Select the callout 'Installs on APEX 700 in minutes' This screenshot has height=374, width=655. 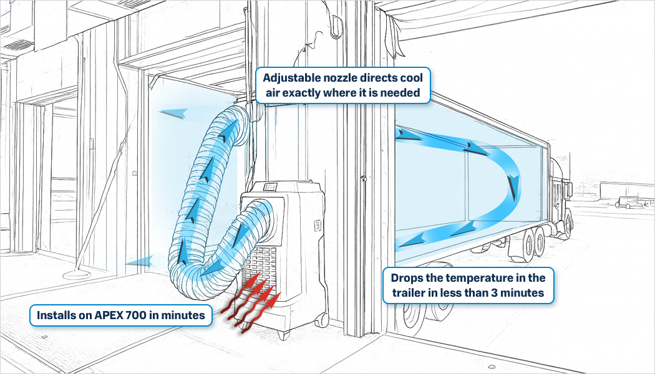pyautogui.click(x=120, y=316)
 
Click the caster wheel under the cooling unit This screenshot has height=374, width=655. pyautogui.click(x=321, y=319)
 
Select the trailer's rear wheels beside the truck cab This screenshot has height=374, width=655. pyautogui.click(x=530, y=246)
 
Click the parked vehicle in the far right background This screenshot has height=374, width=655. pyautogui.click(x=626, y=201)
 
